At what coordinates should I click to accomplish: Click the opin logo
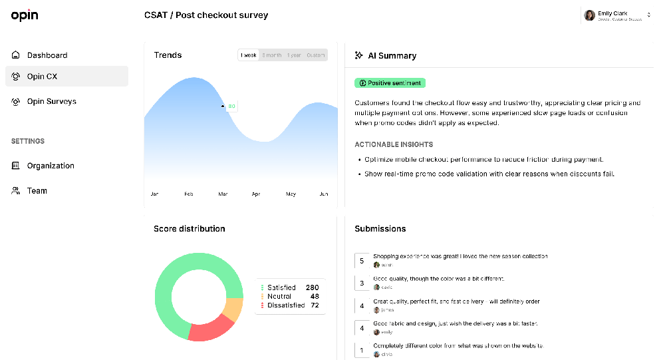25,15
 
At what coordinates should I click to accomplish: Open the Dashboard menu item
47,55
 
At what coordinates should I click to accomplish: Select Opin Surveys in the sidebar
51,102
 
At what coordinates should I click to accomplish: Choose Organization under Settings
51,166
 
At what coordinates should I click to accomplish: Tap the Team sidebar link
37,191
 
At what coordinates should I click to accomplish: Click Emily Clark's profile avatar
589,15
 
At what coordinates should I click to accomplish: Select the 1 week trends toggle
249,55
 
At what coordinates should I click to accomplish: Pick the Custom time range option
315,55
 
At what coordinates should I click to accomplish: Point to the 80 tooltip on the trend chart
231,106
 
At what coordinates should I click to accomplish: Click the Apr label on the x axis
256,194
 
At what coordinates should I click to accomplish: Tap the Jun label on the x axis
324,194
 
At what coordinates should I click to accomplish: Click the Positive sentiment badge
390,83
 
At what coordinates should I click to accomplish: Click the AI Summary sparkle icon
359,56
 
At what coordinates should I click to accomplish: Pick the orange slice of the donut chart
233,309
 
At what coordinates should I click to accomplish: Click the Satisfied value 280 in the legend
312,287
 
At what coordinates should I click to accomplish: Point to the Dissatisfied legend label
286,305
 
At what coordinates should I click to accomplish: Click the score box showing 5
362,261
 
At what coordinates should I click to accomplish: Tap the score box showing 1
362,350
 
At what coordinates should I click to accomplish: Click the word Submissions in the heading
380,229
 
